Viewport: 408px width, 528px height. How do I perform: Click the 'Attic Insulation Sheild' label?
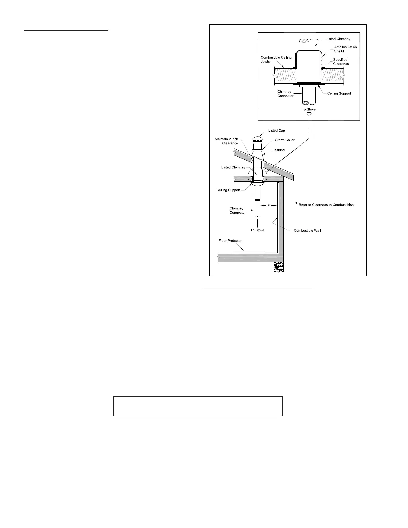point(345,49)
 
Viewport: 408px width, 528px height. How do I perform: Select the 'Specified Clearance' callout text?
point(341,62)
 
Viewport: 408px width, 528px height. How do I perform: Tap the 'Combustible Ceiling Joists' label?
point(276,60)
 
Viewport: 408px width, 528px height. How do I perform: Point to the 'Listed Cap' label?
point(277,131)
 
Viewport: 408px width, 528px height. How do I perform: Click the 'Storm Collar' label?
point(285,140)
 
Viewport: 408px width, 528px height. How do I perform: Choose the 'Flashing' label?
point(278,150)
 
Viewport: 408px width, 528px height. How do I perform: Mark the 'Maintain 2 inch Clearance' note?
point(226,141)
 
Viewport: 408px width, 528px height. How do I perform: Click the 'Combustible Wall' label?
point(307,231)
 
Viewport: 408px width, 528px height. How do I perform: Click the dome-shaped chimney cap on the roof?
point(257,139)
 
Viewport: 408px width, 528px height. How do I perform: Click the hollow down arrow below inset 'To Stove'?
point(309,114)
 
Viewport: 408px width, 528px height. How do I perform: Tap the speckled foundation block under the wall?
point(279,267)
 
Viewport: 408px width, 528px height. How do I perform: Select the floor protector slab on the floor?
point(248,252)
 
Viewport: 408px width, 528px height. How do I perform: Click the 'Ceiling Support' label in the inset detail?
point(339,94)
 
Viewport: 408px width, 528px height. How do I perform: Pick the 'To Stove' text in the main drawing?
point(257,230)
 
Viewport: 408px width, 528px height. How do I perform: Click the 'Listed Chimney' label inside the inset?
point(338,39)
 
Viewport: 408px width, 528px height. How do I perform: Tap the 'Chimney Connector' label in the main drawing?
point(237,210)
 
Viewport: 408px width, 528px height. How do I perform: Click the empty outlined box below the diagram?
point(198,406)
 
